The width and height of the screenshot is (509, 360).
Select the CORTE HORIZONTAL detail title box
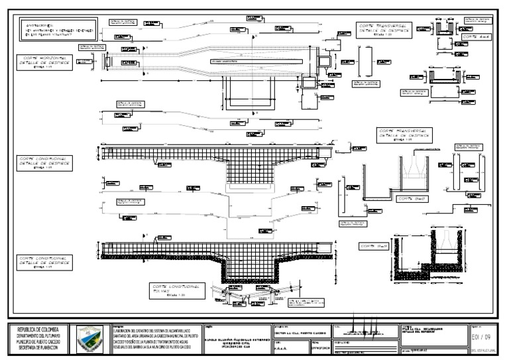[x=41, y=62]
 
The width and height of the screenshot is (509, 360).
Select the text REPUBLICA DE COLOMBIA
[x=38, y=330]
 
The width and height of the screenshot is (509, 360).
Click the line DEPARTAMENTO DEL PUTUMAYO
[x=38, y=335]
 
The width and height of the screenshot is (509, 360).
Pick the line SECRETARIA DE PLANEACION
[x=38, y=347]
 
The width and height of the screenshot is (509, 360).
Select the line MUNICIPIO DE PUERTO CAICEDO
[x=38, y=341]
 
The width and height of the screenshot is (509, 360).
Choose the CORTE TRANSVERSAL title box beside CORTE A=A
[x=384, y=29]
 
